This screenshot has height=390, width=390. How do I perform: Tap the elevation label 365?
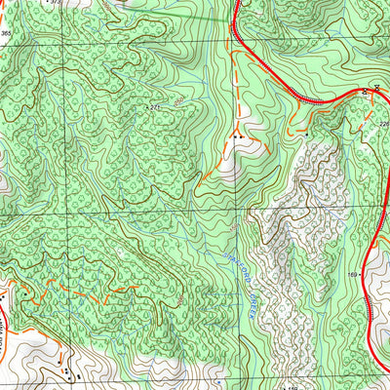(x=6, y=33)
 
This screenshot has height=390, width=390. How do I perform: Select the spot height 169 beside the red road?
(x=354, y=276)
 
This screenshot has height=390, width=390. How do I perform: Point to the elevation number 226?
(x=383, y=124)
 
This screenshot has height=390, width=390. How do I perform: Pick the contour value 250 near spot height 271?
(x=179, y=100)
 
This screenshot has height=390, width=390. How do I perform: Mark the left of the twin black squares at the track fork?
(x=234, y=138)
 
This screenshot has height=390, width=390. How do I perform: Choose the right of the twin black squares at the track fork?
(x=241, y=138)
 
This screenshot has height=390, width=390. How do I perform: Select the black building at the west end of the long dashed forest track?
(x=20, y=290)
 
